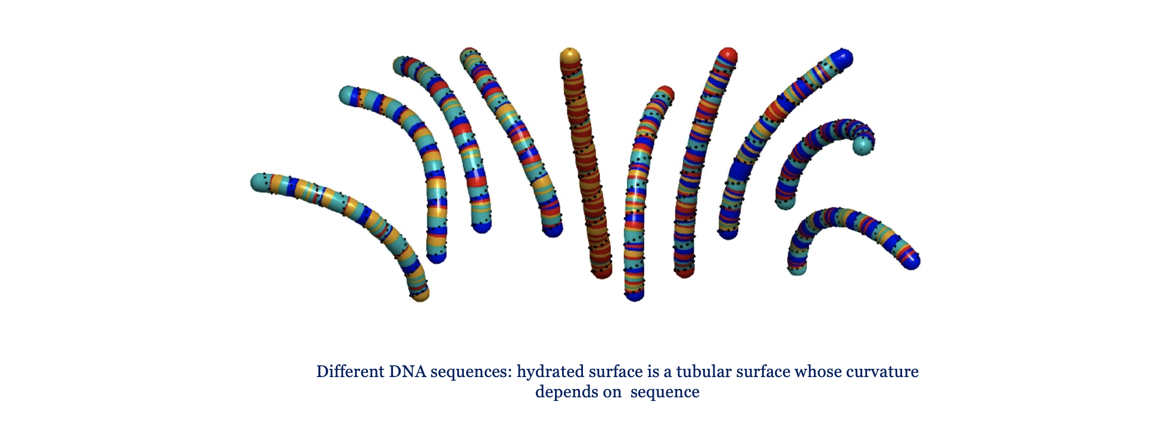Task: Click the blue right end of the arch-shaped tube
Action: point(911,260)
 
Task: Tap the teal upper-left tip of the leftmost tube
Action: point(260,182)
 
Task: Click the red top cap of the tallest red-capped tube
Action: point(728,56)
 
